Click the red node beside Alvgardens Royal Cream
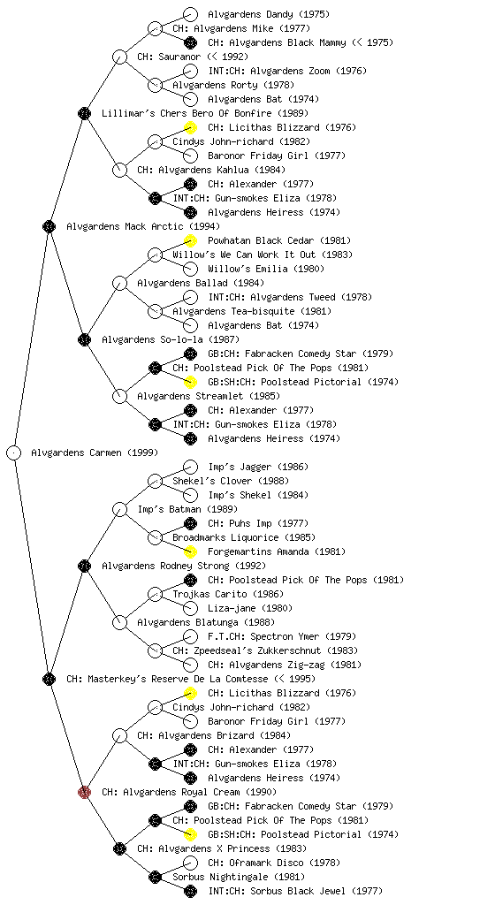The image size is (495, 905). click(84, 792)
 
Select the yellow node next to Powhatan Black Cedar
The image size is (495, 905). click(190, 240)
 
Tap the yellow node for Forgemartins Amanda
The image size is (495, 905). click(190, 551)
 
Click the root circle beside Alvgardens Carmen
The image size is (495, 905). click(14, 452)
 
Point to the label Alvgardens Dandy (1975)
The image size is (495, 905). click(269, 14)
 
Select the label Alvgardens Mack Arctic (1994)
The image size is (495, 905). click(143, 226)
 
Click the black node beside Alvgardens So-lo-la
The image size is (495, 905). click(84, 339)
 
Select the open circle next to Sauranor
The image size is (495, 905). click(119, 57)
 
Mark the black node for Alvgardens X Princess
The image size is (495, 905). click(119, 848)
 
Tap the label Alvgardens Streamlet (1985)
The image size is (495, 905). click(209, 396)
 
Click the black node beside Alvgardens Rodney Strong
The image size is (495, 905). click(84, 566)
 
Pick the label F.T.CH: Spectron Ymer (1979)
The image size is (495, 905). click(278, 636)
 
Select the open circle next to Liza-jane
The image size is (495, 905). click(190, 608)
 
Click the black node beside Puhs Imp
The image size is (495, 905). click(190, 523)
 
